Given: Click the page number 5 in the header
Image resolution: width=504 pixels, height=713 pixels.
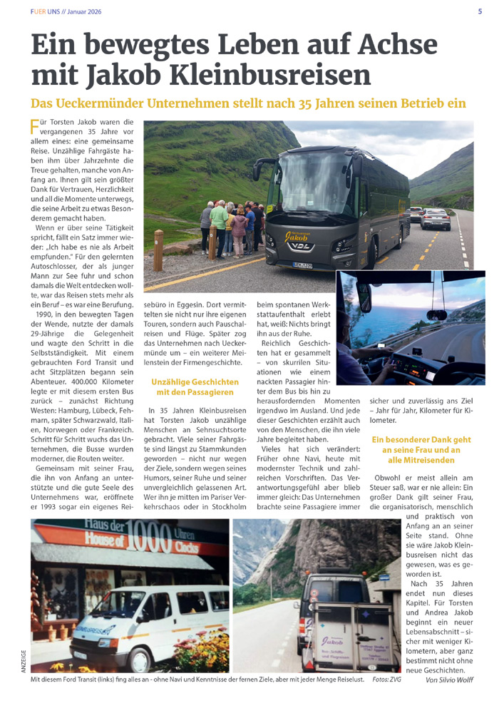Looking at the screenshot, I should (480, 11).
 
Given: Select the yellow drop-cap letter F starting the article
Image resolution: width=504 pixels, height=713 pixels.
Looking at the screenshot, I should (34, 127).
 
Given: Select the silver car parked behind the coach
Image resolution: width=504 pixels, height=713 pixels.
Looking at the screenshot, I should (436, 219).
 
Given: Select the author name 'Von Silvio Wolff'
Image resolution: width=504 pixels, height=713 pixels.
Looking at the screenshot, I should (449, 679).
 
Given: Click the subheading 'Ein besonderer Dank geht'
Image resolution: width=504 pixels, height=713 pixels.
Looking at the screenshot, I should (421, 439).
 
